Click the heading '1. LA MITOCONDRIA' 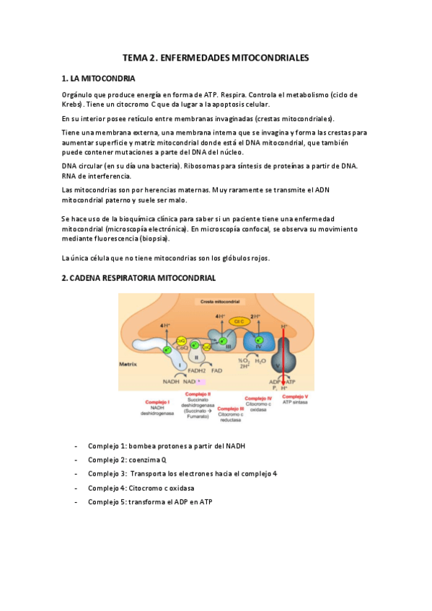pyautogui.click(x=97, y=79)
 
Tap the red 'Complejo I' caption pyautogui.click(x=157, y=402)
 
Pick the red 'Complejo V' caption pyautogui.click(x=295, y=397)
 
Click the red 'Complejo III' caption pyautogui.click(x=230, y=409)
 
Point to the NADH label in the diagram pyautogui.click(x=171, y=380)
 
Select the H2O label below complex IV pyautogui.click(x=260, y=361)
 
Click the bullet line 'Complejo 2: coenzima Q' pyautogui.click(x=127, y=460)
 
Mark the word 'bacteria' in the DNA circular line pyautogui.click(x=161, y=166)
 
